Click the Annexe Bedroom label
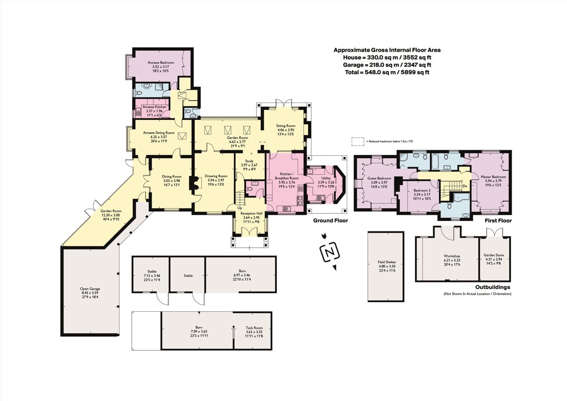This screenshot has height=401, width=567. (x=161, y=63)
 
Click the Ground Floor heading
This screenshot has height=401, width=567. (x=331, y=221)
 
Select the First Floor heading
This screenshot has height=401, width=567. (x=498, y=221)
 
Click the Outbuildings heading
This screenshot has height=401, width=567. (x=492, y=287)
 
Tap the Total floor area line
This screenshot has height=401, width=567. (x=387, y=72)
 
